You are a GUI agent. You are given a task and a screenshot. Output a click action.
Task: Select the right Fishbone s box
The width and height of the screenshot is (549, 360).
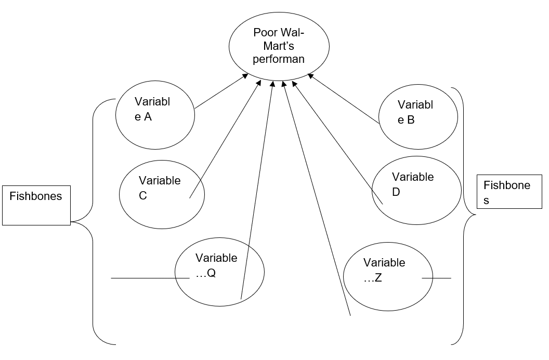tap(509, 192)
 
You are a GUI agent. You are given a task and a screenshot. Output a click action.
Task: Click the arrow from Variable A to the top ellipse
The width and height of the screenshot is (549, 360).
tap(221, 92)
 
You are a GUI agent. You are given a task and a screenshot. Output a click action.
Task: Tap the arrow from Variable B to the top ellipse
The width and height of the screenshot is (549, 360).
tap(343, 99)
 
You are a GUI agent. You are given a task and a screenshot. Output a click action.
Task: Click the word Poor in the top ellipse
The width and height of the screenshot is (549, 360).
tap(264, 33)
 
